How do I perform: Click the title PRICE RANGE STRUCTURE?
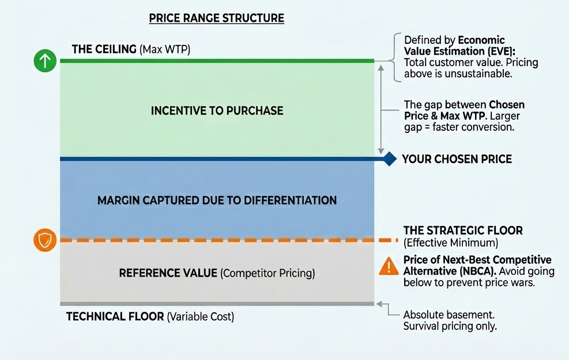click(x=216, y=18)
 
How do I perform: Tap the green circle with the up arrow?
click(x=44, y=60)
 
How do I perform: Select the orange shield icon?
click(x=44, y=240)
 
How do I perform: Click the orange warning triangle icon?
click(x=389, y=266)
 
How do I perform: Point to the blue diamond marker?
click(x=390, y=158)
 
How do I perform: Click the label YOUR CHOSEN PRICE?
click(x=457, y=159)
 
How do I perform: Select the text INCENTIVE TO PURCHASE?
click(x=217, y=110)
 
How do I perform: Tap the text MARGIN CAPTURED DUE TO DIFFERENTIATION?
click(x=217, y=200)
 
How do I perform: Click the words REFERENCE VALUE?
click(x=168, y=272)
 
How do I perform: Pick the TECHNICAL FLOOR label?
click(x=115, y=317)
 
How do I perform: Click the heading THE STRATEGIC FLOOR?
click(x=463, y=230)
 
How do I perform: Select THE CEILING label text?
click(x=104, y=49)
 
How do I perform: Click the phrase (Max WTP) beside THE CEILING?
click(x=165, y=50)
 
